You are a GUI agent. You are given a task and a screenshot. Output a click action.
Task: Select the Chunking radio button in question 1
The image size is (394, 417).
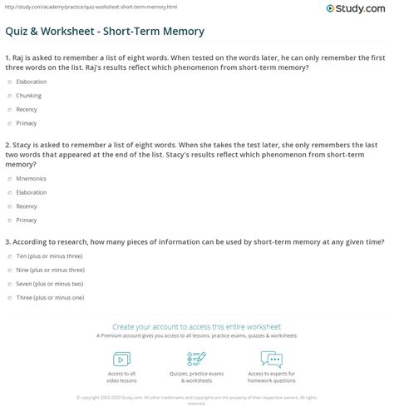pyautogui.click(x=9, y=95)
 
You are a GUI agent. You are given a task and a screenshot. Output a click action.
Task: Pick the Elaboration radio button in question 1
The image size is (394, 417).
pyautogui.click(x=9, y=82)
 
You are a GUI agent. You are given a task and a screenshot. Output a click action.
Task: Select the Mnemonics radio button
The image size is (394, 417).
pyautogui.click(x=9, y=177)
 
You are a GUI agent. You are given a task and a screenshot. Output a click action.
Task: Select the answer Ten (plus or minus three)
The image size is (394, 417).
pyautogui.click(x=9, y=258)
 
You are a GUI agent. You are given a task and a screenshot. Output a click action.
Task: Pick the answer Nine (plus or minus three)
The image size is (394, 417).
pyautogui.click(x=9, y=271)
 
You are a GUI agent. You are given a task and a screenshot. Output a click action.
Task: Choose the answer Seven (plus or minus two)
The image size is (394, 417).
pyautogui.click(x=9, y=284)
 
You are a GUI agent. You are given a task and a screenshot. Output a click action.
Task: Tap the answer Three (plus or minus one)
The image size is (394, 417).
pyautogui.click(x=9, y=296)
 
